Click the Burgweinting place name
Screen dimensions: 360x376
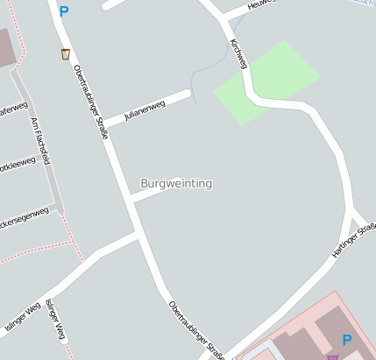pos(175,184)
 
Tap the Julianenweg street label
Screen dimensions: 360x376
pos(144,111)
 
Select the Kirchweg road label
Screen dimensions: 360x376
pos(238,54)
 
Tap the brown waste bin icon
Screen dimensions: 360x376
pos(66,53)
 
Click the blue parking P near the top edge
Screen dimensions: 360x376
pos(63,12)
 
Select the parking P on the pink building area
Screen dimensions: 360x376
pos(346,340)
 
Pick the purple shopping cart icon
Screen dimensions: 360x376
pos(332,356)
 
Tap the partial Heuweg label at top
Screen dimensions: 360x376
pos(260,4)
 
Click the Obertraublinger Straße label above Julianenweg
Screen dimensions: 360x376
pos(90,95)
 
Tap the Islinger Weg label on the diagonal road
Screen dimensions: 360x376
pos(23,316)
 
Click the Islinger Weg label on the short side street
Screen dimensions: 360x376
pos(55,319)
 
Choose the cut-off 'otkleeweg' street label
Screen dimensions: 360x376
pos(18,164)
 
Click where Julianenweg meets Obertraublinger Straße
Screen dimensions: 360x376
pos(107,129)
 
